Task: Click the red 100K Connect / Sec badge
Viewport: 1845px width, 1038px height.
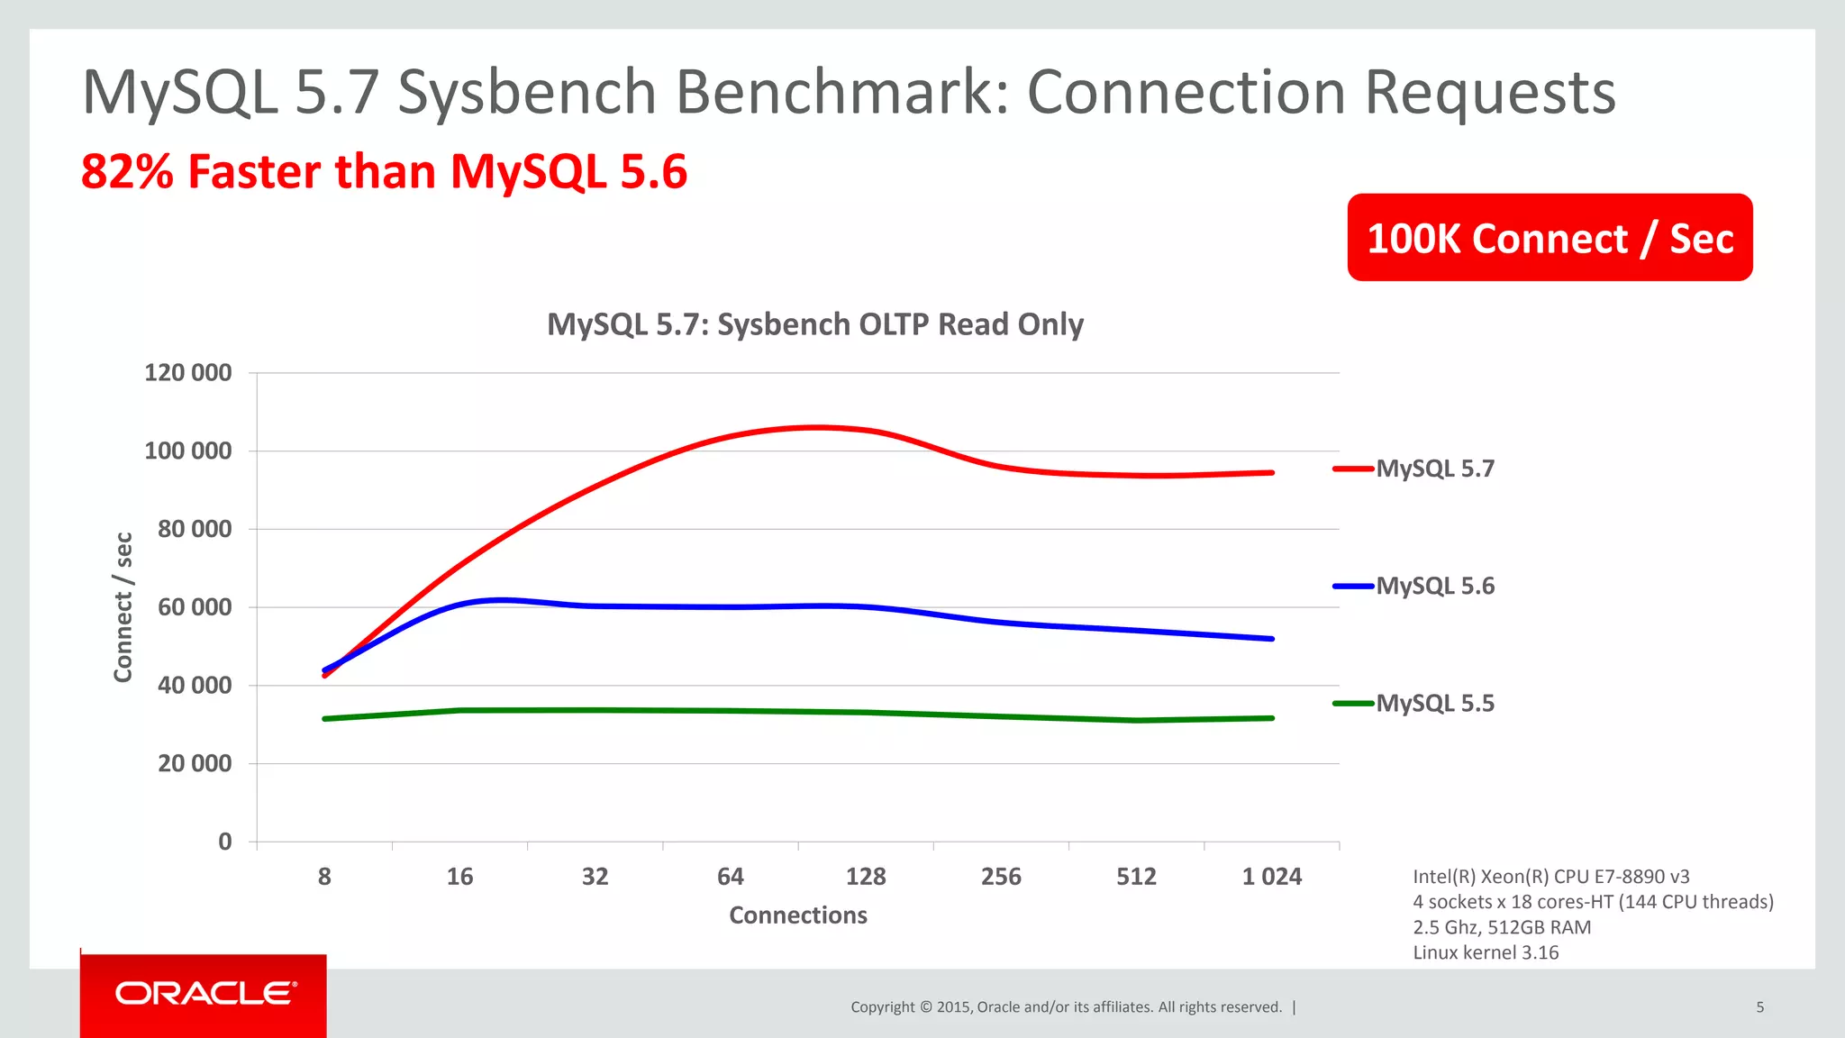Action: tap(1550, 238)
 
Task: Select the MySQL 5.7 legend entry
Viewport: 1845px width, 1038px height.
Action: tap(1434, 469)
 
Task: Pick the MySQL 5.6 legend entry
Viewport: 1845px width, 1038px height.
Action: tap(1434, 586)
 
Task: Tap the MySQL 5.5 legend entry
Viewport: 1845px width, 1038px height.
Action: tap(1434, 703)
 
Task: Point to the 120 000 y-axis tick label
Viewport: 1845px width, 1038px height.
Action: tap(187, 372)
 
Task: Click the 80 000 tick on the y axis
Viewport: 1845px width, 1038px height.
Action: tap(195, 529)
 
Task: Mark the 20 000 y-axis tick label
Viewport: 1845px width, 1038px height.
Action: tap(195, 763)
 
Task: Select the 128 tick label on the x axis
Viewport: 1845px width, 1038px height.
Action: tap(866, 877)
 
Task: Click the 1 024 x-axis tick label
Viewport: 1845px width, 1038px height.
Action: tap(1271, 877)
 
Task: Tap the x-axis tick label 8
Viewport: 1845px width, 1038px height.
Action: tap(324, 877)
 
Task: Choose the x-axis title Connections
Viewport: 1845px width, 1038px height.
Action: tap(797, 915)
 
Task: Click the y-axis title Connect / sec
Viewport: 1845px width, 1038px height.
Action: tap(123, 606)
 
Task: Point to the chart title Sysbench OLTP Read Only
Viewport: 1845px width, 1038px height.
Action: tap(814, 324)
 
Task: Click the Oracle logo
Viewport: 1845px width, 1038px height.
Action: tap(204, 993)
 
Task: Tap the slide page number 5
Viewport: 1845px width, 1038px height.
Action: tap(1759, 1007)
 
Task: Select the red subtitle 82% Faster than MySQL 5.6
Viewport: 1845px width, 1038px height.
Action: tap(384, 171)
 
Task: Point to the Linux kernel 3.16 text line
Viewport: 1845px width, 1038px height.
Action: tap(1485, 952)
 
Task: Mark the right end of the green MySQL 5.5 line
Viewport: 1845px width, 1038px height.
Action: tap(1272, 718)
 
